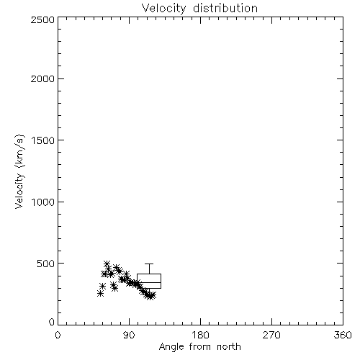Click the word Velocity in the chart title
163,9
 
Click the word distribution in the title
225,8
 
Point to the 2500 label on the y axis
42,19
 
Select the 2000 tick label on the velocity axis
42,79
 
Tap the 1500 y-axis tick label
43,140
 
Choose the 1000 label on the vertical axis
43,202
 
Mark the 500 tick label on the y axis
46,264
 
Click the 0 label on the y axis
52,322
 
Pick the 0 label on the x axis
58,335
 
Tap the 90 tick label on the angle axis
129,335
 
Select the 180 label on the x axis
200,335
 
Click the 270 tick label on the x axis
271,335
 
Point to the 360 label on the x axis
343,335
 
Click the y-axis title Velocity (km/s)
19,171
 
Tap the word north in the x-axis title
229,347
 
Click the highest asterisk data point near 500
107,264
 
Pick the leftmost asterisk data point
100,293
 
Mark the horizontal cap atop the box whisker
149,264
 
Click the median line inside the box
149,282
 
